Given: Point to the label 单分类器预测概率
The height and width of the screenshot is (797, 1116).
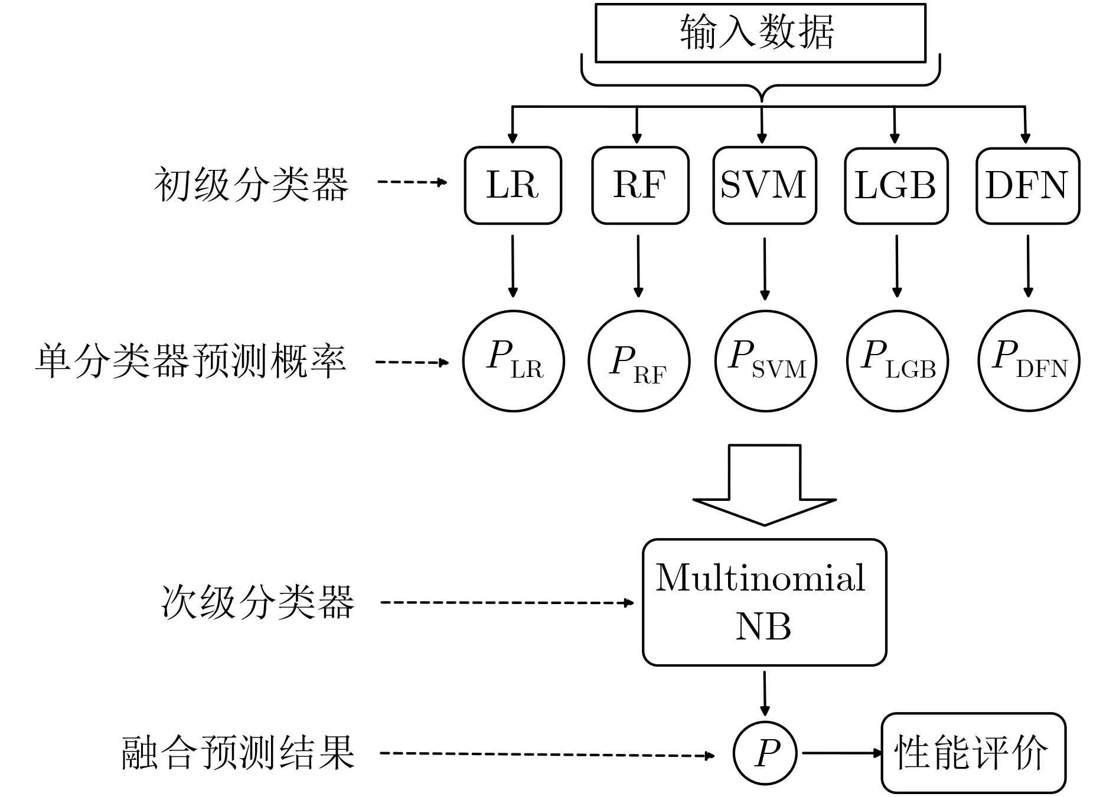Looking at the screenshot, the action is (190, 360).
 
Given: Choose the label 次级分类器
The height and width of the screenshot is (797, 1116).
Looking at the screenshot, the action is (257, 602).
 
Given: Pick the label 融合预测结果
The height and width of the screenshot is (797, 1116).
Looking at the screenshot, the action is (238, 753).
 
